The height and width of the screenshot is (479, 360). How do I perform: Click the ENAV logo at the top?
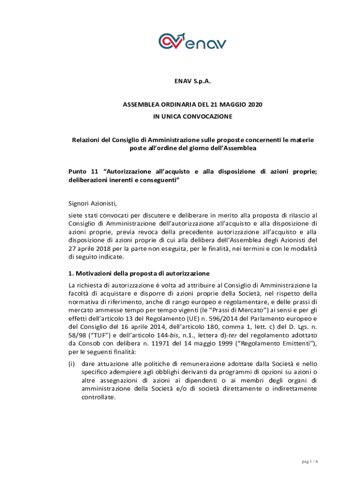pyautogui.click(x=192, y=41)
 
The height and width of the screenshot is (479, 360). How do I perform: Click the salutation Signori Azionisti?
pyautogui.click(x=92, y=203)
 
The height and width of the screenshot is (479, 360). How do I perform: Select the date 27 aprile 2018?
pyautogui.click(x=91, y=248)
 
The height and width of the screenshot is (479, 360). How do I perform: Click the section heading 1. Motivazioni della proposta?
pyautogui.click(x=139, y=273)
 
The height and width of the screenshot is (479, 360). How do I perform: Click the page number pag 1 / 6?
pyautogui.click(x=309, y=462)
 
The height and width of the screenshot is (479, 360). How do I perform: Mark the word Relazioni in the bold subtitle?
pyautogui.click(x=87, y=140)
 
